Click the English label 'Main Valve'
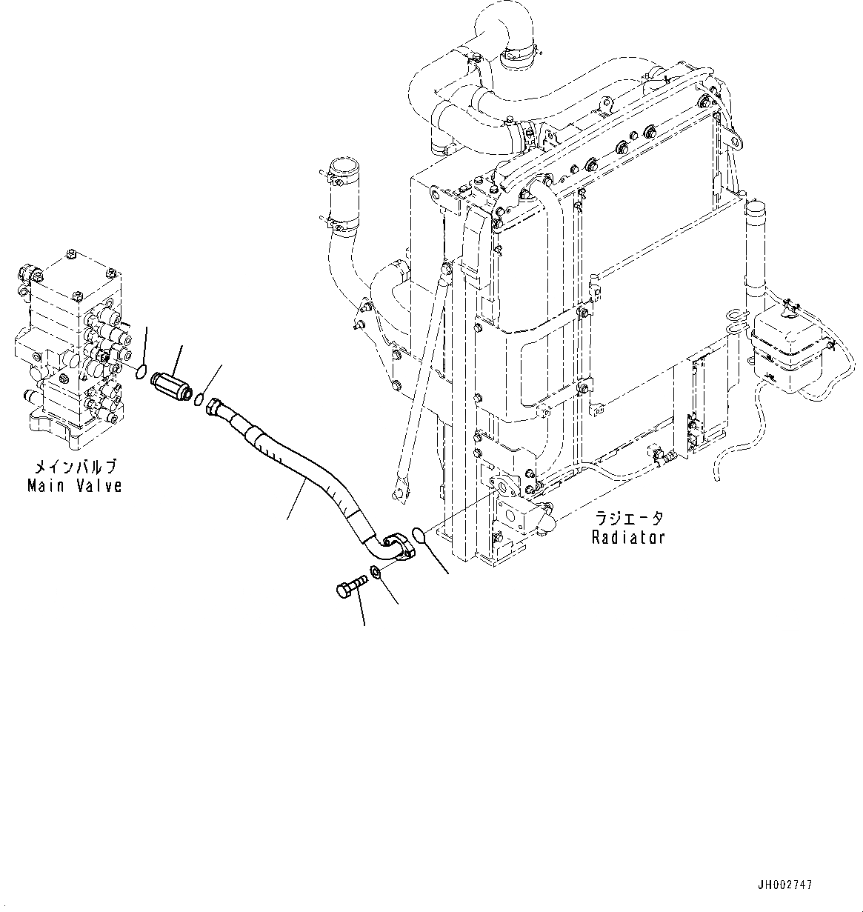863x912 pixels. [x=74, y=486]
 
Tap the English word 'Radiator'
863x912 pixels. [x=627, y=537]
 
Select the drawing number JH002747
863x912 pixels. [x=784, y=885]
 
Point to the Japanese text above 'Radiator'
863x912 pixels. [x=627, y=519]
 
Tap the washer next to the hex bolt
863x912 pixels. [x=375, y=572]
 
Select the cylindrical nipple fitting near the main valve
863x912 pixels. [x=170, y=385]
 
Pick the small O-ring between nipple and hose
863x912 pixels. [x=199, y=400]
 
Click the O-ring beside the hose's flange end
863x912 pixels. [x=418, y=533]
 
